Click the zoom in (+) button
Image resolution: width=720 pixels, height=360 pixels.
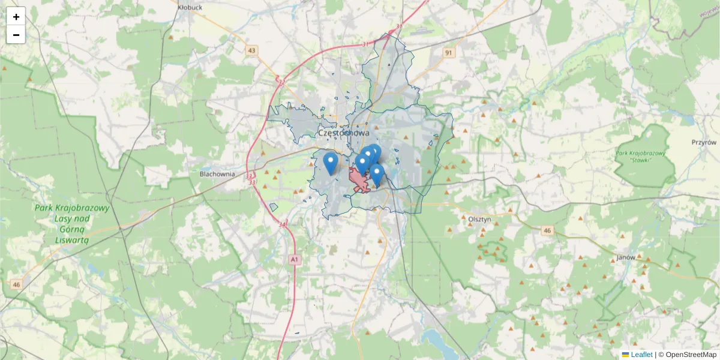(16, 17)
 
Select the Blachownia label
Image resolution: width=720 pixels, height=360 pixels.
(217, 174)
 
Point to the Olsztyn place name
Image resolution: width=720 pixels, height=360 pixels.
(479, 220)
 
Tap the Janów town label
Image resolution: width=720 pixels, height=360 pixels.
(626, 257)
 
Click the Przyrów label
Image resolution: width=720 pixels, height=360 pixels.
(704, 143)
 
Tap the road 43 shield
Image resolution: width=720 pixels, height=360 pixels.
(251, 51)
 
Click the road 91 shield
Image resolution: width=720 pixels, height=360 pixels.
(448, 53)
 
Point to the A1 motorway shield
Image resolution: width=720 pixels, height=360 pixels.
(293, 260)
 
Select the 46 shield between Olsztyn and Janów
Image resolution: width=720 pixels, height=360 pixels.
(547, 230)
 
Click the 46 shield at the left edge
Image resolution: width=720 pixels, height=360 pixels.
(16, 284)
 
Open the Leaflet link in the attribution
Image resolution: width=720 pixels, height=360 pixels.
(641, 355)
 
